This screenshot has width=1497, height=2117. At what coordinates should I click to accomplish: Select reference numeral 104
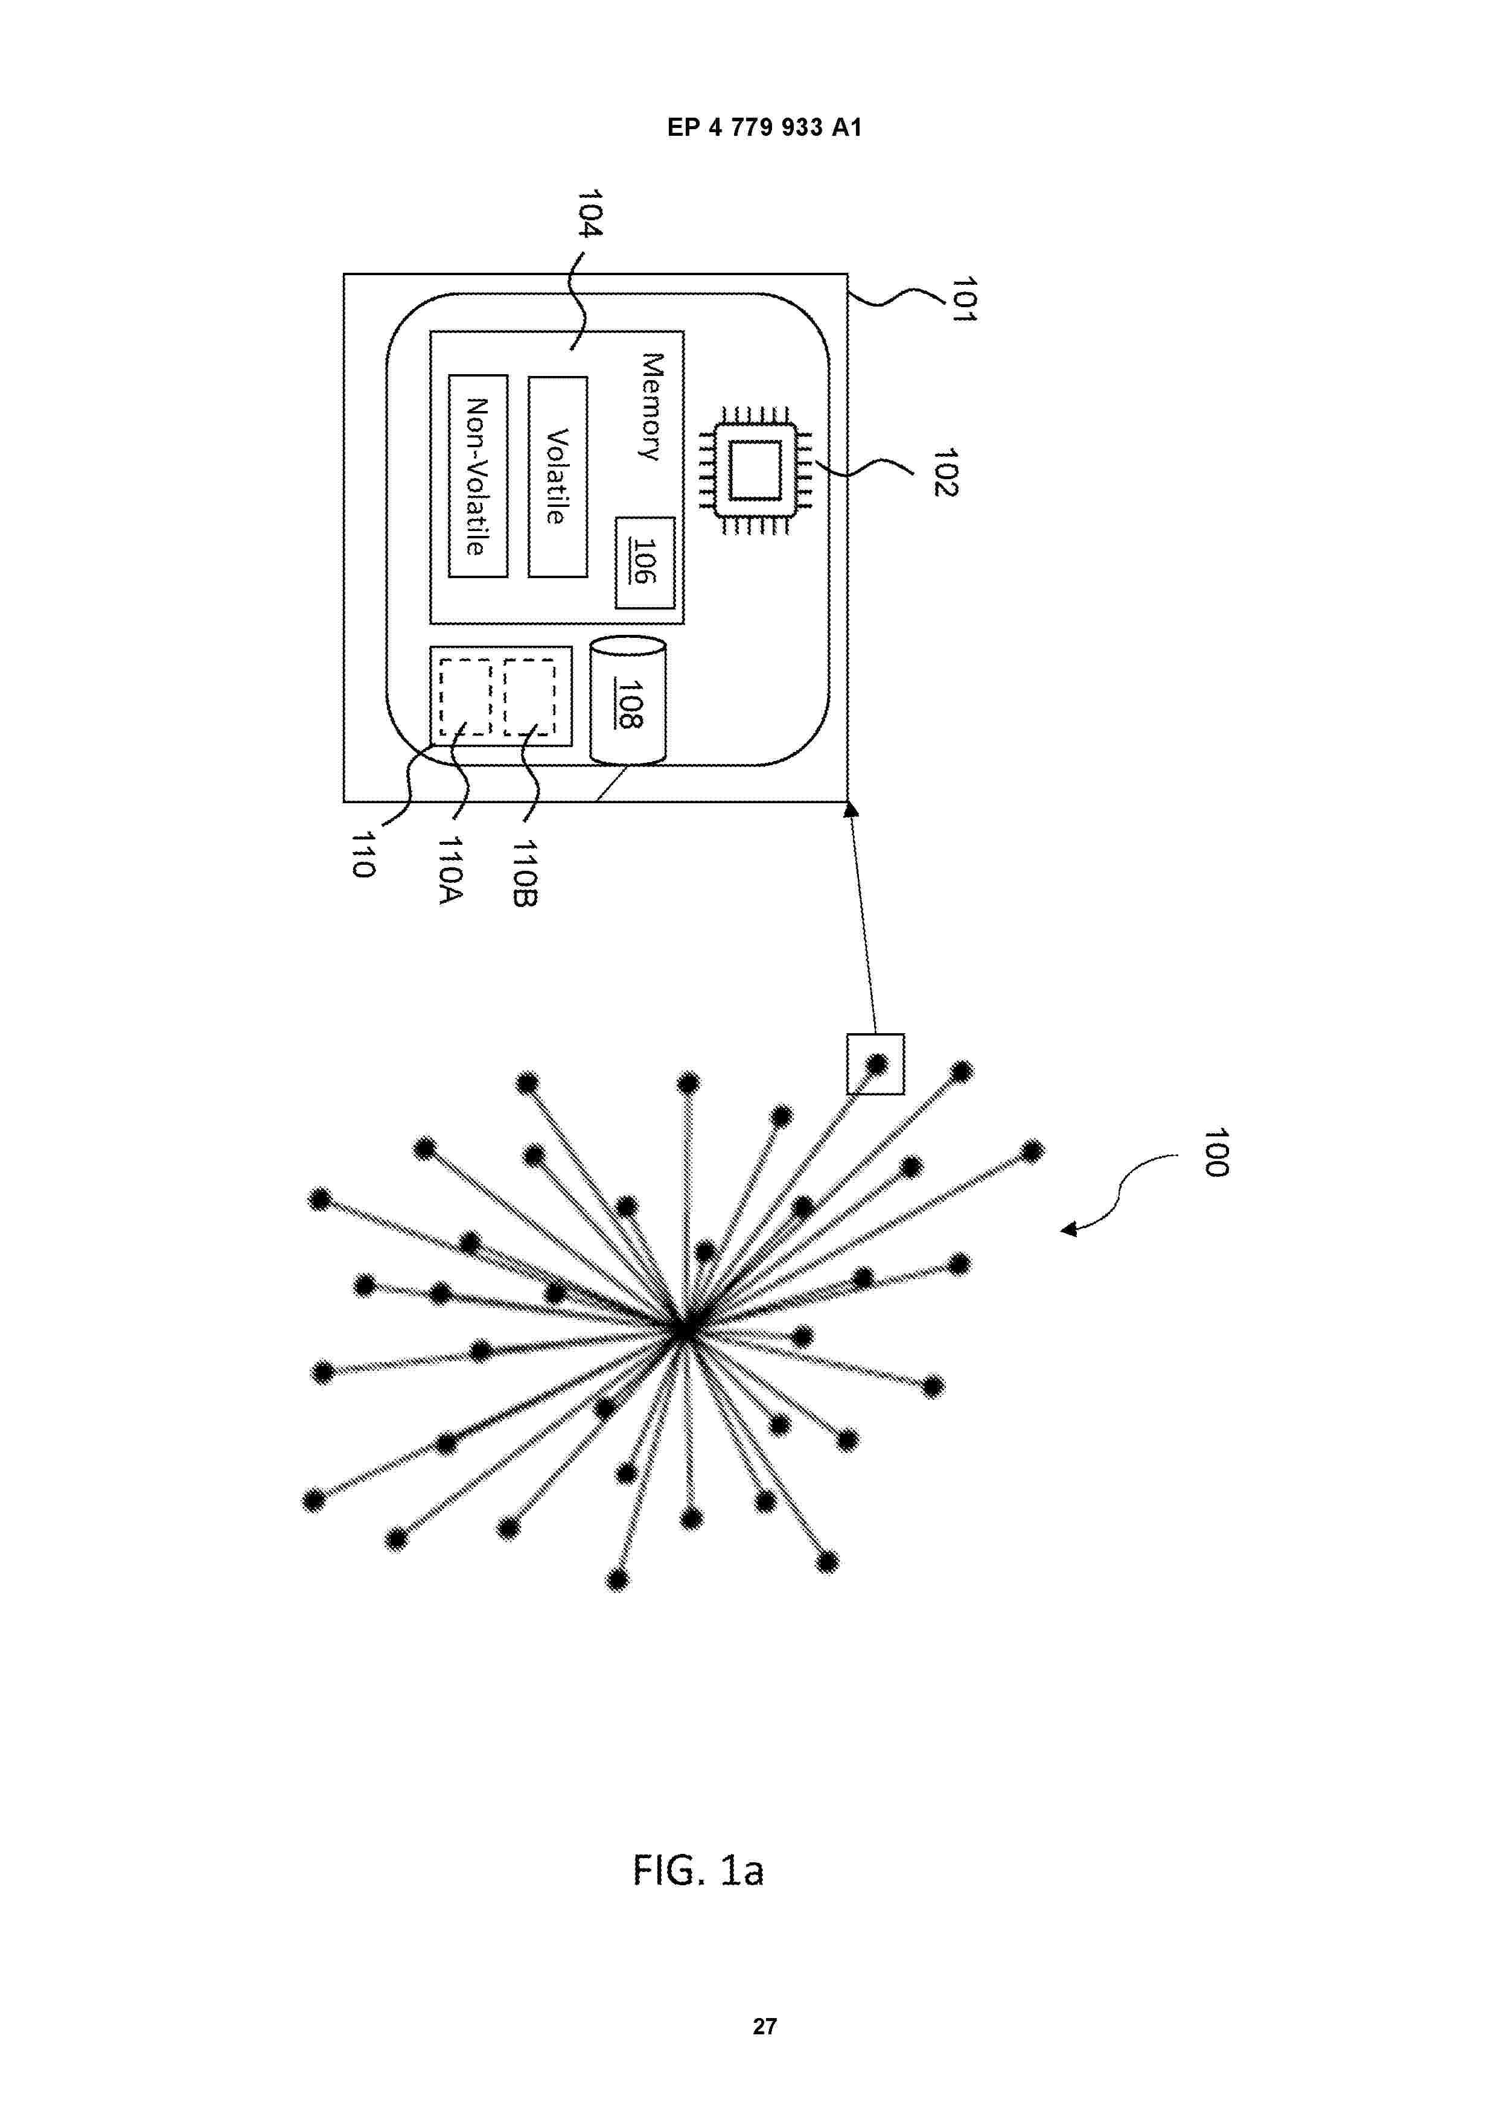(x=589, y=213)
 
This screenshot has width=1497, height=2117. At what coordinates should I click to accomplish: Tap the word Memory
(x=651, y=406)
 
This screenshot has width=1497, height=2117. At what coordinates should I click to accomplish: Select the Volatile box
(x=557, y=477)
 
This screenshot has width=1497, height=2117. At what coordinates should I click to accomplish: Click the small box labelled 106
(x=645, y=562)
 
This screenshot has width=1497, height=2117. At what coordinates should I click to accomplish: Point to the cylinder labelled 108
(x=627, y=701)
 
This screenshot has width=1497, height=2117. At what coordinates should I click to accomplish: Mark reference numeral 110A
(x=450, y=870)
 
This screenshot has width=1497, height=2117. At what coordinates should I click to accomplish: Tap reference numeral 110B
(x=524, y=872)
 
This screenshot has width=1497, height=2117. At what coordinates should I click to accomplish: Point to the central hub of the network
(x=683, y=1331)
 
